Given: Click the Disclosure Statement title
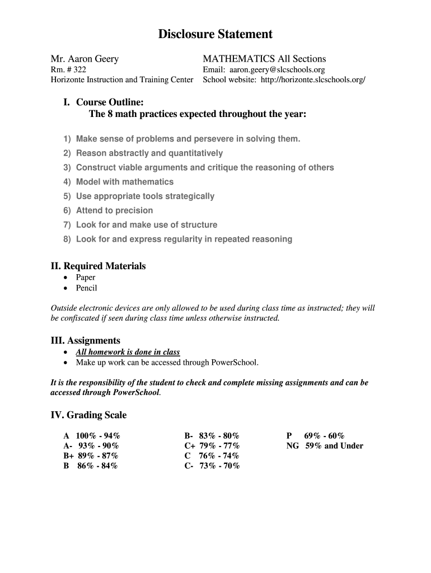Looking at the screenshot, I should (x=215, y=34).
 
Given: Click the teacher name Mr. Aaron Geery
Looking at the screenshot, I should (x=85, y=59).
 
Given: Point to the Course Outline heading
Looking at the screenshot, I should (x=110, y=102).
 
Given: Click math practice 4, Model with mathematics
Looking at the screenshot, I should (x=124, y=182).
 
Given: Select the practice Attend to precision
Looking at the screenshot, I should (x=114, y=210).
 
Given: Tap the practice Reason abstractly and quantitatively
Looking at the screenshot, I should (x=149, y=153).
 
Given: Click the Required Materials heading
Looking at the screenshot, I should (x=99, y=266).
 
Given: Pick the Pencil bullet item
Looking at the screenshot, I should (x=86, y=288).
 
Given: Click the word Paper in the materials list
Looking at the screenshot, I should (x=86, y=278).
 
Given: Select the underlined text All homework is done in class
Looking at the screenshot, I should (x=128, y=352).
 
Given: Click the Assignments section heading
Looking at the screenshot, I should (x=86, y=340).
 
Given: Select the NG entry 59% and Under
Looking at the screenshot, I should (x=334, y=446).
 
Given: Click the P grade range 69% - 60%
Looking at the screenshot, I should (x=324, y=436).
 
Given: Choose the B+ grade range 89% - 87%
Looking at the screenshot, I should (x=98, y=455).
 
